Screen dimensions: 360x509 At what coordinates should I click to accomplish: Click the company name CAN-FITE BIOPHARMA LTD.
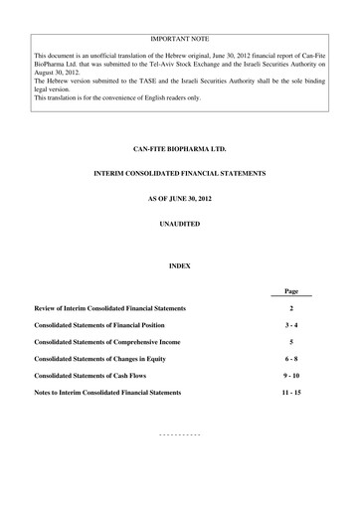pos(180,148)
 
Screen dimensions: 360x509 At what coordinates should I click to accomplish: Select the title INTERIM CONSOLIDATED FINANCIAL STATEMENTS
pos(180,175)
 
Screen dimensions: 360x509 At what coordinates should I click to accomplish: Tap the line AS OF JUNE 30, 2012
pos(180,201)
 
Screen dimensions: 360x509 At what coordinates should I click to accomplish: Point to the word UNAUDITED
pos(180,225)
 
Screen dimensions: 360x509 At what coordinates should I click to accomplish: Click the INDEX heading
pos(180,265)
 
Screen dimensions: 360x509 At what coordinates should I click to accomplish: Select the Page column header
pos(291,291)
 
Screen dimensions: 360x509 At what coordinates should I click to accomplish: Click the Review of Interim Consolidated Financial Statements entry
pos(109,308)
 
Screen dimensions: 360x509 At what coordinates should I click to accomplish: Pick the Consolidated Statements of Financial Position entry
pos(106,325)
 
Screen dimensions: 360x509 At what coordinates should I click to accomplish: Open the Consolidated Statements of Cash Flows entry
pos(97,376)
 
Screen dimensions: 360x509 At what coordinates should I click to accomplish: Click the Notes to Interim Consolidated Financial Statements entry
pos(107,393)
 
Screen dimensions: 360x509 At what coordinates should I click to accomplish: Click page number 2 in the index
pos(291,308)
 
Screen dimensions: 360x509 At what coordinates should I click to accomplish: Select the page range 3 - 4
pos(291,325)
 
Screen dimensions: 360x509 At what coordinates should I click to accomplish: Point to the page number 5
pos(291,342)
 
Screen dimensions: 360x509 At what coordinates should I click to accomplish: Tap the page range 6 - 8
pos(291,359)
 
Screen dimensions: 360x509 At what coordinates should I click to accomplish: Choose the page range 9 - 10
pos(291,376)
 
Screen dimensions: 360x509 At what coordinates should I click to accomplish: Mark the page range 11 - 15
pos(291,393)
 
